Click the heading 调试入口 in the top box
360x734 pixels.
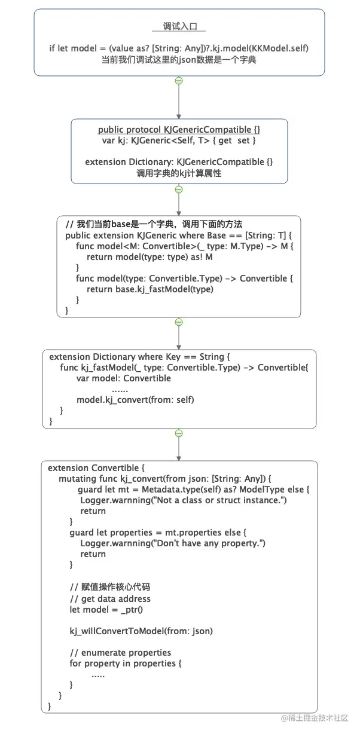[x=179, y=26]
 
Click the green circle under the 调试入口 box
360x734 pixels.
[x=179, y=81]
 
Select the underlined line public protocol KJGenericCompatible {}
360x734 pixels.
[x=179, y=130]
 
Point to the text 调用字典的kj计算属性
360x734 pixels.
[x=179, y=173]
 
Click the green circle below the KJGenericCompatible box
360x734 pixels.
[x=179, y=189]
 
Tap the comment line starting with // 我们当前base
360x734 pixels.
[x=154, y=224]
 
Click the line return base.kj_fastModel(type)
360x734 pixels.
[x=150, y=289]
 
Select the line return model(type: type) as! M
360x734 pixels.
[x=150, y=257]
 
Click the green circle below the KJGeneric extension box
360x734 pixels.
[x=179, y=322]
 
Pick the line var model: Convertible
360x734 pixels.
[x=124, y=378]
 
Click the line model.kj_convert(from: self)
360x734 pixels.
[x=135, y=400]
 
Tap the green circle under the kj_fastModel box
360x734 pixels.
[x=179, y=433]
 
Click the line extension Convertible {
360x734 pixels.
[x=96, y=467]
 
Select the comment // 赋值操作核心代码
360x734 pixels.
[x=110, y=586]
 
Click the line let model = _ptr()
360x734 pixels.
[x=106, y=610]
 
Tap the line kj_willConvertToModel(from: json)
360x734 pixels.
[x=141, y=631]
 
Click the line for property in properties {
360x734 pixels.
[x=125, y=663]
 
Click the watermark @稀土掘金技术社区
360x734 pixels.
[x=314, y=718]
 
